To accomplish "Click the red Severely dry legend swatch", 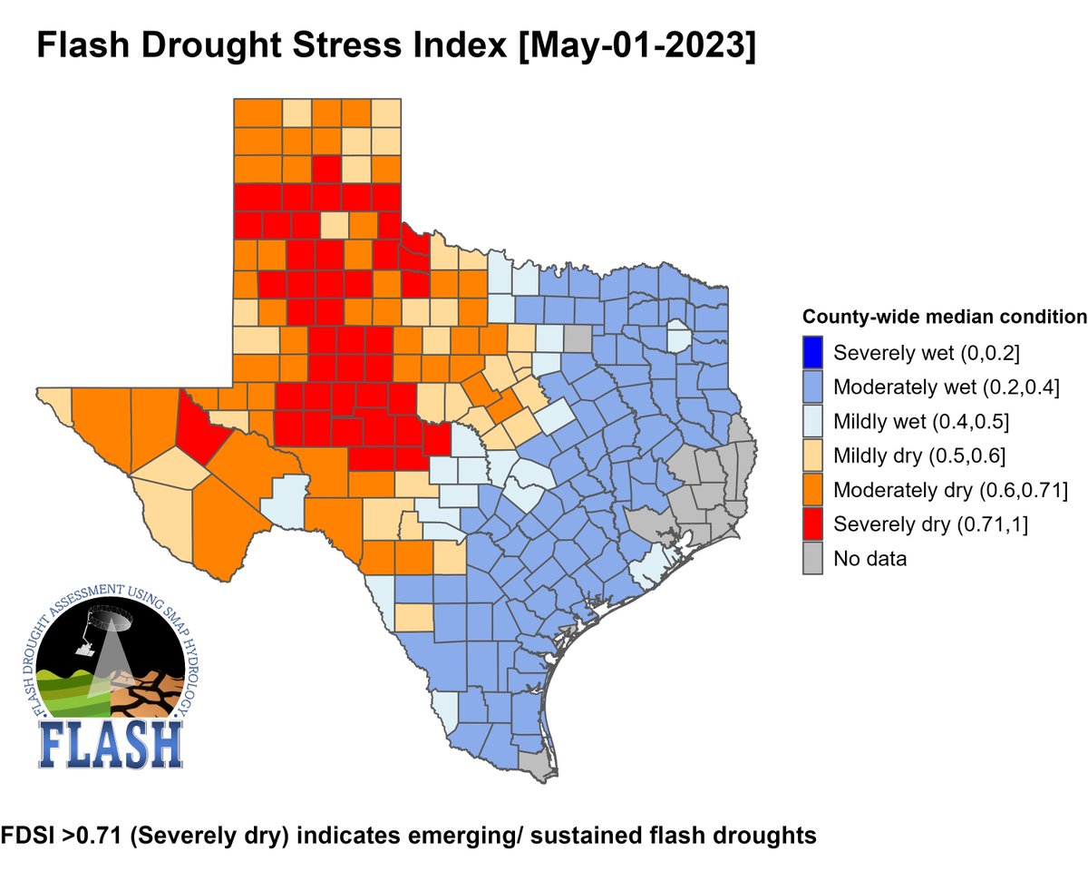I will (813, 524).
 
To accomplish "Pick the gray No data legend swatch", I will (813, 559).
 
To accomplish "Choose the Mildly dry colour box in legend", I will (813, 455).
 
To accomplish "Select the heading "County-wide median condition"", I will (944, 318).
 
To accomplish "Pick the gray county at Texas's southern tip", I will (537, 768).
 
